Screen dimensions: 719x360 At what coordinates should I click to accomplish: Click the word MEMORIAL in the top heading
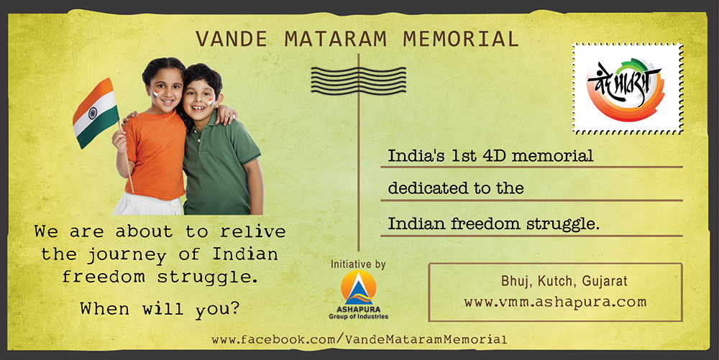[x=461, y=39]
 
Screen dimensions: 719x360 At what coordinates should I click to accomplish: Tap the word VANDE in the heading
[x=232, y=39]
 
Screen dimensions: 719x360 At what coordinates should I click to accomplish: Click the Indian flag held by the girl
[x=96, y=113]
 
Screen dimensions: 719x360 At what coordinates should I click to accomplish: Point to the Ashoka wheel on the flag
[x=93, y=113]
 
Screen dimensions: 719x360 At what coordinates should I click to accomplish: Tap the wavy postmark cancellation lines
[x=358, y=80]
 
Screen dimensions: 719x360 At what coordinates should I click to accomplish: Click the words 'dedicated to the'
[x=456, y=188]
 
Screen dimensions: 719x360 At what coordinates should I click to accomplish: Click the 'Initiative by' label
[x=358, y=264]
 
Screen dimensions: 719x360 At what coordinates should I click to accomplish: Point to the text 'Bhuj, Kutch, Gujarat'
[x=564, y=280]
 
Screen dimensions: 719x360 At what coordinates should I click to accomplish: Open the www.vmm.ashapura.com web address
[x=555, y=303]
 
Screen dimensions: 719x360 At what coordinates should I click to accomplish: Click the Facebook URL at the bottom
[x=359, y=340]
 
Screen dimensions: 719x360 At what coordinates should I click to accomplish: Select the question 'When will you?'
[x=160, y=308]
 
